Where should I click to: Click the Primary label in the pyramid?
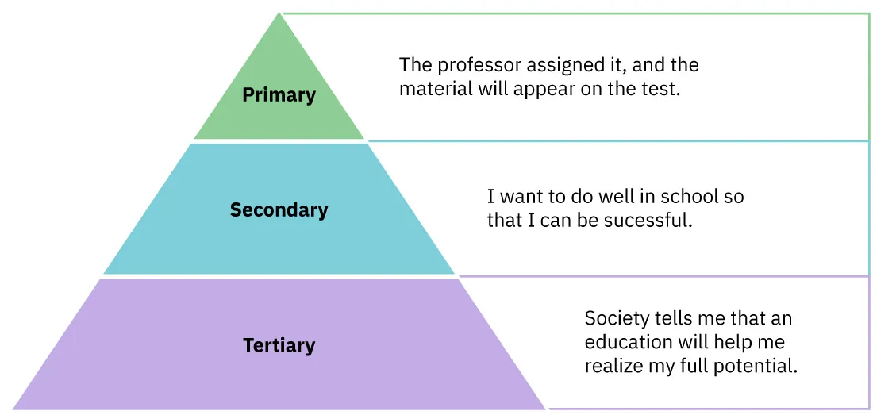(x=279, y=95)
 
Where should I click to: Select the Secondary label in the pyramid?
(x=279, y=210)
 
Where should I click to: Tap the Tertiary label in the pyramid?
(x=279, y=346)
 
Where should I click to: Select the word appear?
(x=545, y=90)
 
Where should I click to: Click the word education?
(x=627, y=342)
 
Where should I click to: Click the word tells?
(x=675, y=319)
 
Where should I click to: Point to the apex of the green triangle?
(x=280, y=14)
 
